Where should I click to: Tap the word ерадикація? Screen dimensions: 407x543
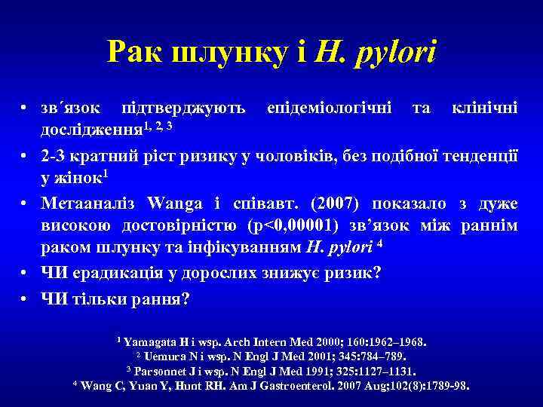(112, 272)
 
